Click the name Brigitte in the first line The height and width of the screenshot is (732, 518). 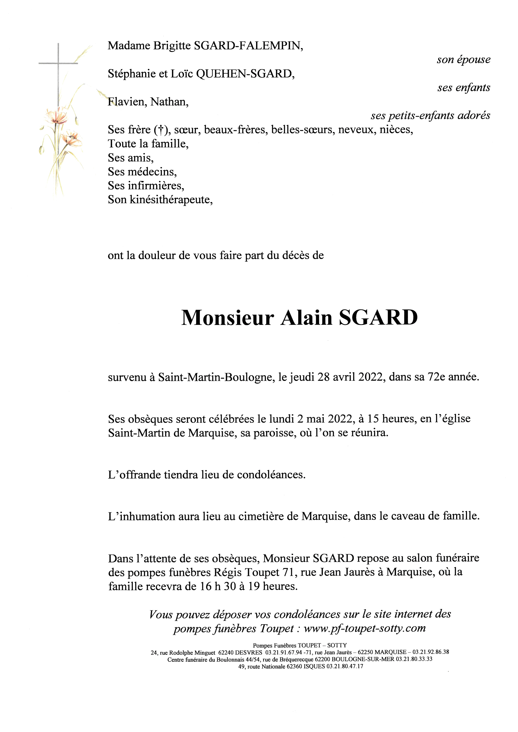click(x=172, y=46)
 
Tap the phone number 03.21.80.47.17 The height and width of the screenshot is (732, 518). click(x=345, y=666)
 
